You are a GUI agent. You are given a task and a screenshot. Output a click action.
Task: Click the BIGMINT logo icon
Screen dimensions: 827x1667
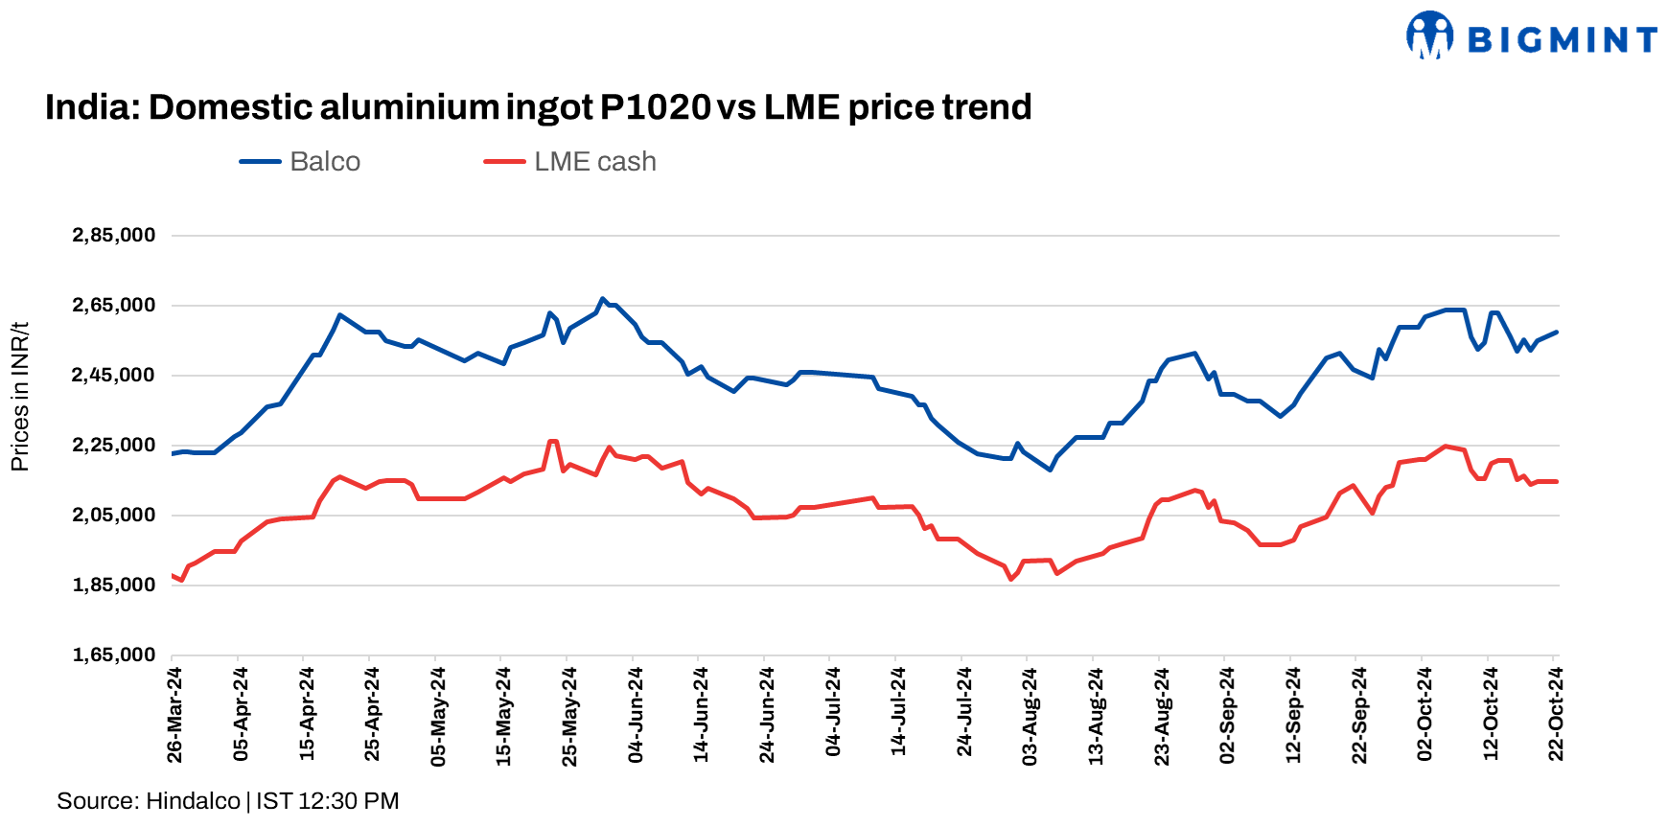1429,35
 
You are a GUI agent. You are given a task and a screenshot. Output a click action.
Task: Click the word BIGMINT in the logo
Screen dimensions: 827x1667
1562,40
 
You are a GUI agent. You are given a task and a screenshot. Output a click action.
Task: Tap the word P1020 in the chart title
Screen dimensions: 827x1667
656,107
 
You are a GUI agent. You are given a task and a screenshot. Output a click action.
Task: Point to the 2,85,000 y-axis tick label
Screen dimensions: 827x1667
113,236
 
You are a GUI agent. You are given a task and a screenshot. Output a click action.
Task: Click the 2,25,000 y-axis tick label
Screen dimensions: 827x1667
113,446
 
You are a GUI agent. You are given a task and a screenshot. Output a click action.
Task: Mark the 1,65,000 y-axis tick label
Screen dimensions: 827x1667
113,655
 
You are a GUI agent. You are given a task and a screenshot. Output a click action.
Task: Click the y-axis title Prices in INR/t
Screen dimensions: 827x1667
20,397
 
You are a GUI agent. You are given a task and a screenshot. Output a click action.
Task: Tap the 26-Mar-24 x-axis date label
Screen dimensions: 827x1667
175,715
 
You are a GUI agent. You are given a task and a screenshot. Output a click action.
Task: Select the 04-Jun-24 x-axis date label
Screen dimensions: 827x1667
636,715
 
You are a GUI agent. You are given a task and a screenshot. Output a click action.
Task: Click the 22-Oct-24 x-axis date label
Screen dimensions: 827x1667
1557,715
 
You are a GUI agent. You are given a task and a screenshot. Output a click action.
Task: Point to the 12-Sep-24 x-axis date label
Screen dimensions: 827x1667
1294,715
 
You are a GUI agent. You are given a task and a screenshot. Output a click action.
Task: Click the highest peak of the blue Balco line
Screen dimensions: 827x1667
602,299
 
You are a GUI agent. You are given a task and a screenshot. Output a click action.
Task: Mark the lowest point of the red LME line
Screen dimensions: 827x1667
1010,579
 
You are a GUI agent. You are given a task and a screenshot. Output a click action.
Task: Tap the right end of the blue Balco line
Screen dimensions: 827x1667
1557,333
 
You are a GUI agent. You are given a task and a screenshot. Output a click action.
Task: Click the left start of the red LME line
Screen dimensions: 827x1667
173,576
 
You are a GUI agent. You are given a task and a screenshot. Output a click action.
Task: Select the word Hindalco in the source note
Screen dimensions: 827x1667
193,801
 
